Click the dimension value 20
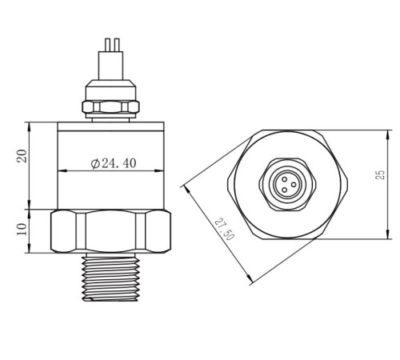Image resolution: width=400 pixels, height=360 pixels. point(22,156)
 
